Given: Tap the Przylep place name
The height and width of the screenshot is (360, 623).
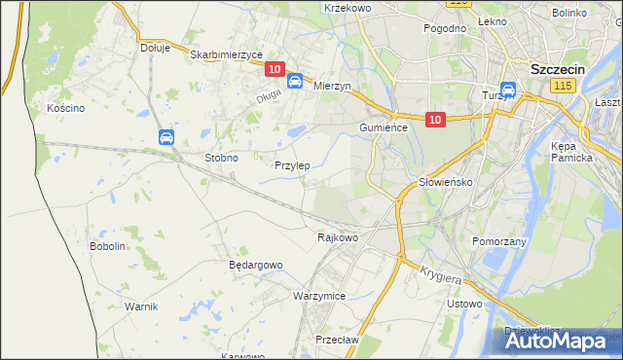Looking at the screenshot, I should click(x=292, y=165).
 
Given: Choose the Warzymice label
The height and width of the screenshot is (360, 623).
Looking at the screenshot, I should click(x=319, y=295).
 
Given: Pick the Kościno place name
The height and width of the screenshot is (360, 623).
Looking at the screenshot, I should click(x=66, y=108).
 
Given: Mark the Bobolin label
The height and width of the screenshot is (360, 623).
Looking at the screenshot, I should click(x=108, y=246).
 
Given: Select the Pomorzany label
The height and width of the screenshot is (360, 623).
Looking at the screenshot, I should click(x=498, y=240).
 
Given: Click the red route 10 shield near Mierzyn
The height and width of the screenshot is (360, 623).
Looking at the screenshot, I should click(x=274, y=69).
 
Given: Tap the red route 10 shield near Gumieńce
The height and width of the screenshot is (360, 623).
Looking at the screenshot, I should click(x=435, y=120).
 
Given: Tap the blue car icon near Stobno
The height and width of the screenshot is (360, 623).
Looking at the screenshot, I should click(x=166, y=138).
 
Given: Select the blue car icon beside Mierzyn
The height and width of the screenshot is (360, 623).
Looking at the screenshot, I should click(x=294, y=83).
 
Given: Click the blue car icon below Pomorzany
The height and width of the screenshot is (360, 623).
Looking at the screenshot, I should click(x=494, y=258).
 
